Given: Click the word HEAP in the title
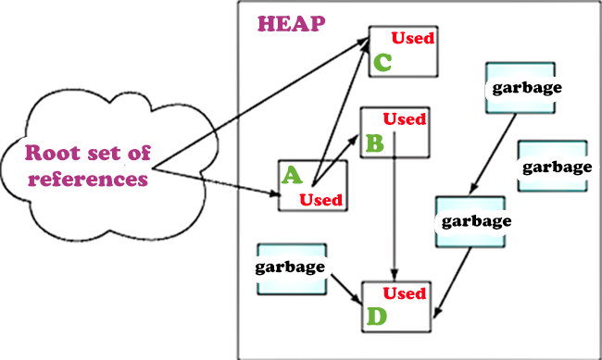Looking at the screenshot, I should point(291,24).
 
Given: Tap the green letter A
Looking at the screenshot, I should point(291,175).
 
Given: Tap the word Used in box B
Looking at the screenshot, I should point(405,118).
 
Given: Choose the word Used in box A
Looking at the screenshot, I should point(321,198).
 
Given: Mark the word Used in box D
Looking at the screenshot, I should point(405,294).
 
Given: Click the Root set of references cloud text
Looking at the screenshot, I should point(88,166).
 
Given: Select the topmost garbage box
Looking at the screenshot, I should point(520,87).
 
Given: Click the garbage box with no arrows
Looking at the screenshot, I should point(553,166).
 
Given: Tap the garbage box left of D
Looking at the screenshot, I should point(291,268).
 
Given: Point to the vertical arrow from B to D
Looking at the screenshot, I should point(395,213).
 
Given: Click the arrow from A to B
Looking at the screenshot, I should point(337,158).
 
